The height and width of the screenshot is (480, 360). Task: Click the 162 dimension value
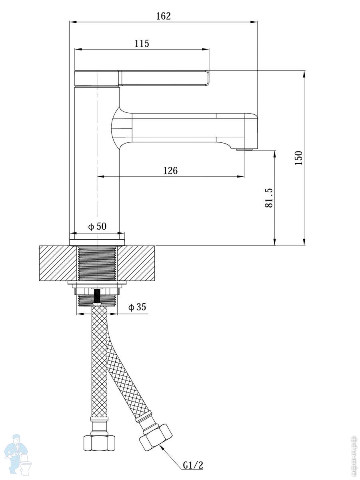pyautogui.click(x=163, y=16)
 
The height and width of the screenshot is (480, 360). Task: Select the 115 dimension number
pyautogui.click(x=142, y=44)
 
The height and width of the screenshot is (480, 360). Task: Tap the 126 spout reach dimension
pyautogui.click(x=170, y=170)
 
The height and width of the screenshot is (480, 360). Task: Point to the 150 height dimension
pyautogui.click(x=298, y=158)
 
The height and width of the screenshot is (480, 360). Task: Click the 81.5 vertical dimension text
pyautogui.click(x=269, y=198)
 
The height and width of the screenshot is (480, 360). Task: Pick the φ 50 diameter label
pyautogui.click(x=97, y=226)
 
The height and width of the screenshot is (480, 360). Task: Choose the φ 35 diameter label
pyautogui.click(x=137, y=307)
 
